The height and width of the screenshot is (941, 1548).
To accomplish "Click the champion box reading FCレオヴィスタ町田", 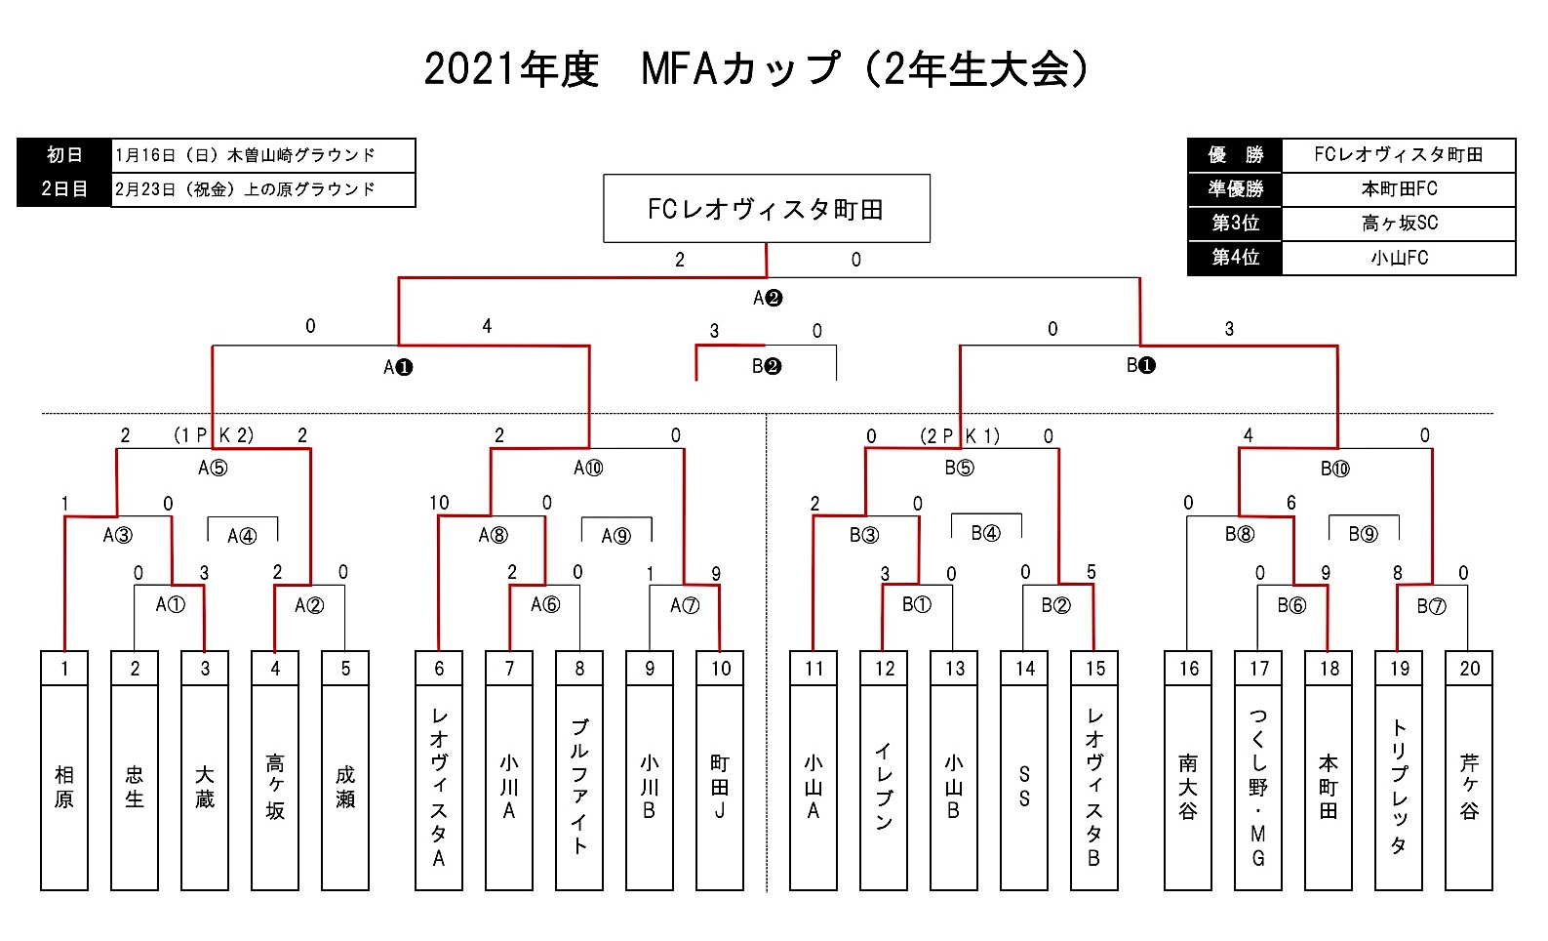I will pos(766,209).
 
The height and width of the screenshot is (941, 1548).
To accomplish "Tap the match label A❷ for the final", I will pos(768,298).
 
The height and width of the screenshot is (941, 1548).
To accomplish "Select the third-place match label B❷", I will pos(767,367).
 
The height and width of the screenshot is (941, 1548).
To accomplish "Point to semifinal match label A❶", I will pos(398,367).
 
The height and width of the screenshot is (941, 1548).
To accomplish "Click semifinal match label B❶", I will pos(1140,366).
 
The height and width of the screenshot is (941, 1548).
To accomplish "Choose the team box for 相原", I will pos(64,787).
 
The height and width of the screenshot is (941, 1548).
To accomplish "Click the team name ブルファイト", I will pos(579,787).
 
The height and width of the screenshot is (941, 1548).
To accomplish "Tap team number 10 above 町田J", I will pos(720,669).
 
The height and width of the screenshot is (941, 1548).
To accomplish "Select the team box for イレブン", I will pos(884,787).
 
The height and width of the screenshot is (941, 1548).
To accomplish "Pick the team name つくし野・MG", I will pos(1258,787).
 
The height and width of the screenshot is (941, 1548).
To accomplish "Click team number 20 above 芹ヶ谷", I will pos(1469,669).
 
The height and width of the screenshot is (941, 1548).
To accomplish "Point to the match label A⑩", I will pos(588,469).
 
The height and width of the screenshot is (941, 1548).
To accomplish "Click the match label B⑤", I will pos(959,469).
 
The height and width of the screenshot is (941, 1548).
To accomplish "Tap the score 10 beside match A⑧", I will pos(439,503).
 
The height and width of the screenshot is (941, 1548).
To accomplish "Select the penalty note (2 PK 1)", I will pos(960,436).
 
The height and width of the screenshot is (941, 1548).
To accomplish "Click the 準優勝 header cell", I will pos(1235,189).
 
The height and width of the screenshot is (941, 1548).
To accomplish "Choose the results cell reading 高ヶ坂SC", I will pos(1399,224).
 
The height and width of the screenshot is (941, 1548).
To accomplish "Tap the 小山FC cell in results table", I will pos(1399,258).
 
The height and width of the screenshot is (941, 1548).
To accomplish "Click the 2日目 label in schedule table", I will pos(64,189).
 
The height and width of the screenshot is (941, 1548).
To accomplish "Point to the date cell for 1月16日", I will pos(263,155).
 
